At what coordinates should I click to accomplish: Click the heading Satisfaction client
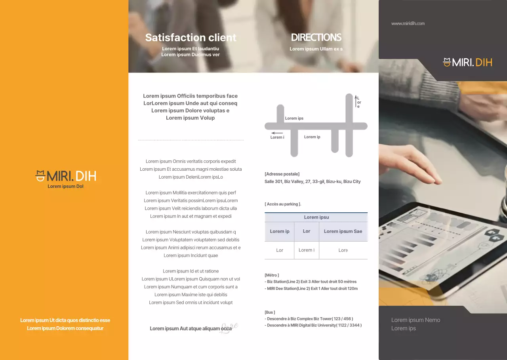point(191,38)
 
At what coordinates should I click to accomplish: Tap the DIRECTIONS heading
point(316,38)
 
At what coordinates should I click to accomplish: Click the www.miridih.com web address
point(408,24)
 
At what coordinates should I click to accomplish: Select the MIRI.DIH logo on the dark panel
point(467,62)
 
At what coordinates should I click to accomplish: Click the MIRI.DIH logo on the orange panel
point(66,176)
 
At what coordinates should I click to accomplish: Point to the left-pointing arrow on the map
point(277,133)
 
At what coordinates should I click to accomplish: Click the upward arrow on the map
point(356,101)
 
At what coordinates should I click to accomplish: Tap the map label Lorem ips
point(294,118)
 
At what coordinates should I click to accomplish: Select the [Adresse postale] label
point(282,174)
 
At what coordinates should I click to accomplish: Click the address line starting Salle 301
point(313,181)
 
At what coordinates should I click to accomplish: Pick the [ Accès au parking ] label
point(283,204)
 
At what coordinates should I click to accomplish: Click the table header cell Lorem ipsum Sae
point(343,231)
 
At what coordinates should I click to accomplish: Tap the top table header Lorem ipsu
point(316,217)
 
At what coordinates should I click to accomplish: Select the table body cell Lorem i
point(306,250)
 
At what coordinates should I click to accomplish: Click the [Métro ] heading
point(272,275)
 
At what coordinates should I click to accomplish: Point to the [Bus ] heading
point(270,312)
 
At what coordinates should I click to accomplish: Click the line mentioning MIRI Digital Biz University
point(313,325)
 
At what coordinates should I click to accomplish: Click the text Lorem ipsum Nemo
point(416,320)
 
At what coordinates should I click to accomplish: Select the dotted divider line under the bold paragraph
point(191,140)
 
